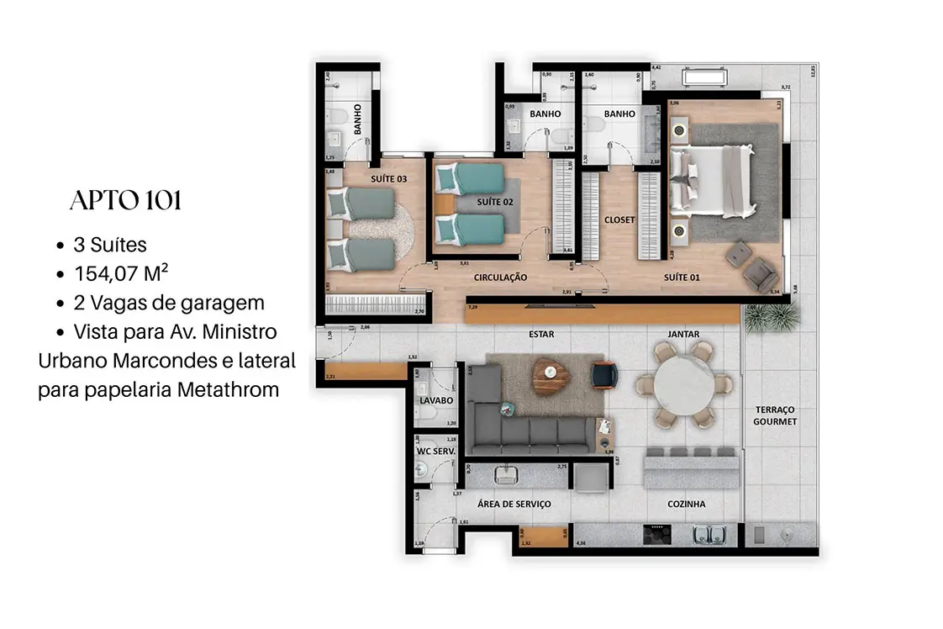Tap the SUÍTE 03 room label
[388, 179]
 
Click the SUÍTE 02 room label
[494, 202]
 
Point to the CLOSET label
[619, 220]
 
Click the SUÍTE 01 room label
[681, 276]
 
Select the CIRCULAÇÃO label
[500, 276]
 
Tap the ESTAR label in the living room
[541, 334]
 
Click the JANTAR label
[684, 334]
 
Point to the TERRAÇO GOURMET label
[774, 415]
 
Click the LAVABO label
[436, 400]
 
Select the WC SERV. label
[436, 452]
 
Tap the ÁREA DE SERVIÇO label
[514, 504]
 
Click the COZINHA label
[686, 504]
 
